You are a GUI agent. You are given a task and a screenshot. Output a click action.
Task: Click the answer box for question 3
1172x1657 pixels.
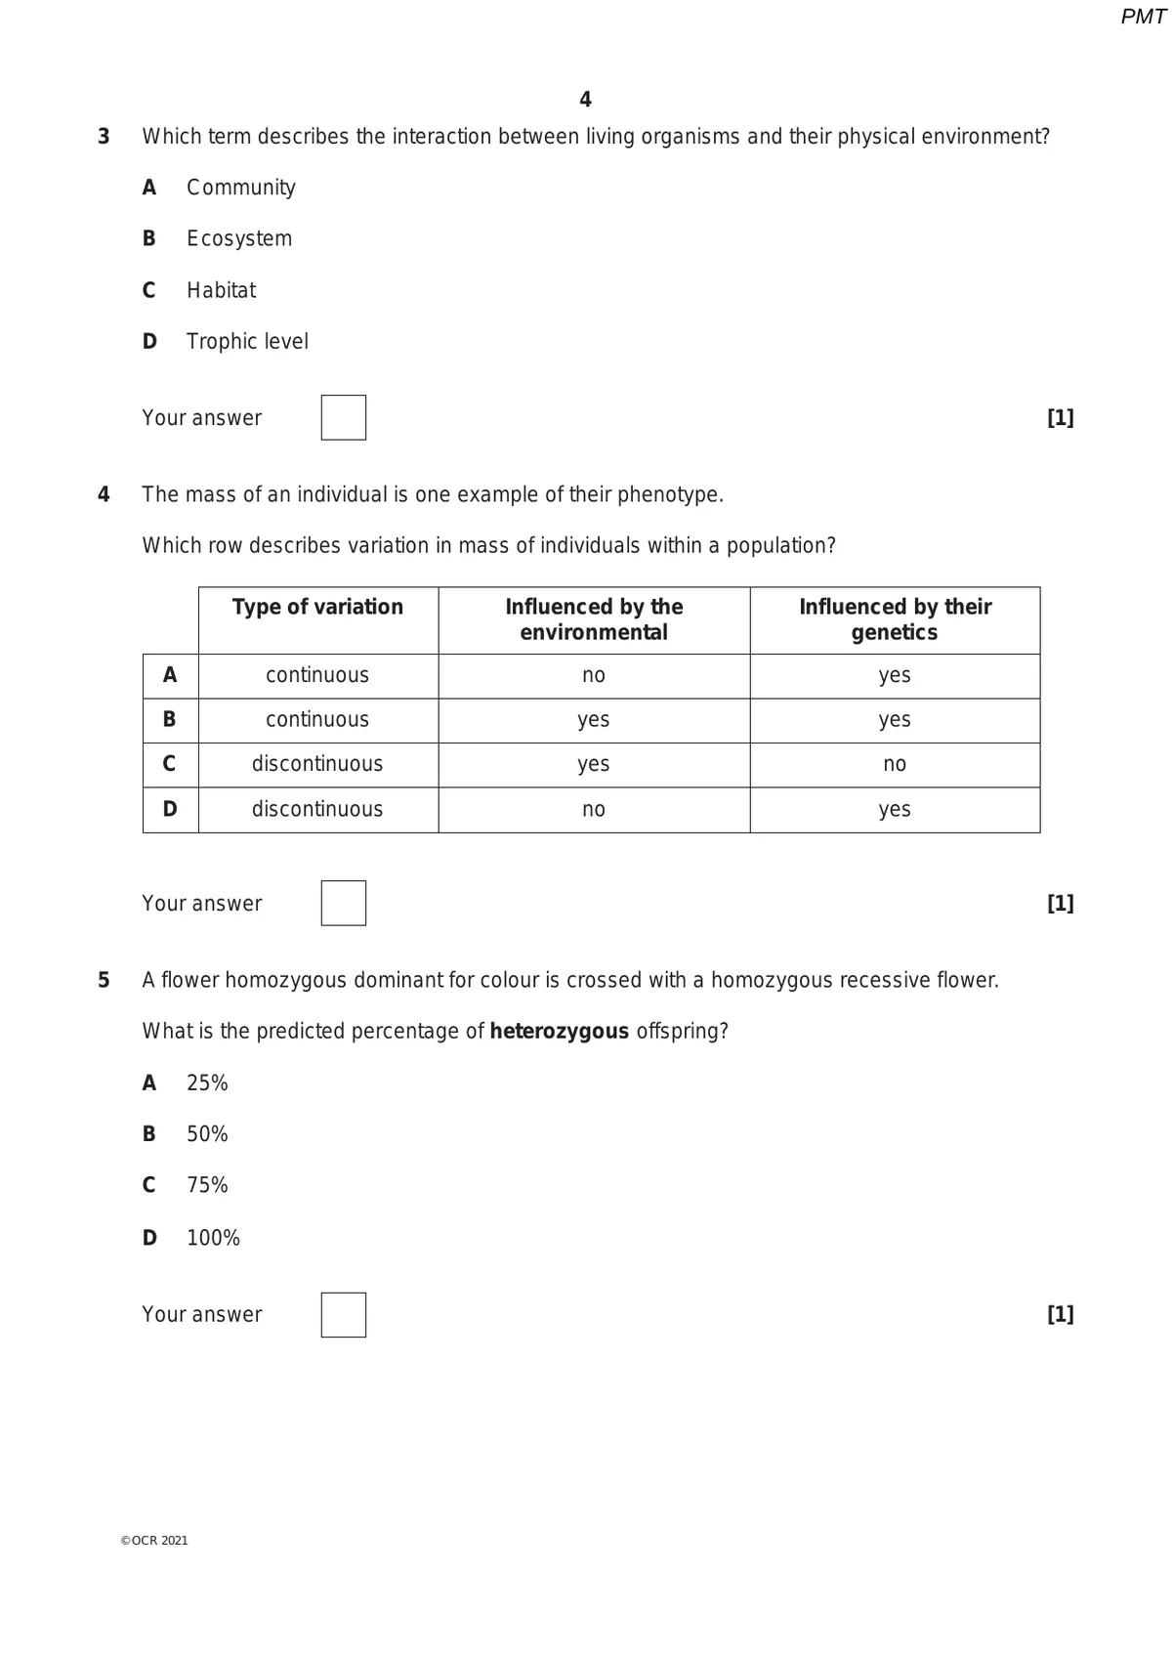343,417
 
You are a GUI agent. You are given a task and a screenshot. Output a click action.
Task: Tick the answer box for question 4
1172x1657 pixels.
343,903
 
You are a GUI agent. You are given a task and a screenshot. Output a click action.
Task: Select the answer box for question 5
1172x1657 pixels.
343,1314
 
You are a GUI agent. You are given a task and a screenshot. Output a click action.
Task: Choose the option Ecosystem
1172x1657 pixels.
239,238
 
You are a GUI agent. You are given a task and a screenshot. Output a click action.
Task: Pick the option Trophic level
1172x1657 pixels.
247,341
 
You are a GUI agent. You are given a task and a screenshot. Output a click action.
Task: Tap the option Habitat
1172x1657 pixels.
221,290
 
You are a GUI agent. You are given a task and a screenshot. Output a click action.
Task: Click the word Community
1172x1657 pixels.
241,187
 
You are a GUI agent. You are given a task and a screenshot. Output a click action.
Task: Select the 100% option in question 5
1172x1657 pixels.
213,1237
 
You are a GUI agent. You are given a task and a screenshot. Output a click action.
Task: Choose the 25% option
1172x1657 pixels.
207,1083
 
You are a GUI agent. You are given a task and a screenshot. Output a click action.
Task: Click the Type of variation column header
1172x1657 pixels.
317,607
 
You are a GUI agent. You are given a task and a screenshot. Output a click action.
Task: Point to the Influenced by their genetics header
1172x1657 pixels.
895,619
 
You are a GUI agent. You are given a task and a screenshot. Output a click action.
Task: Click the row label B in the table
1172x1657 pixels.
170,720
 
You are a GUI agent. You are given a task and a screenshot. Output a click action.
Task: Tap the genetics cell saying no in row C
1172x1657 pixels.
895,764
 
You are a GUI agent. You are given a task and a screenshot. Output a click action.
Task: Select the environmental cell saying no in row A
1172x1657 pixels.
594,675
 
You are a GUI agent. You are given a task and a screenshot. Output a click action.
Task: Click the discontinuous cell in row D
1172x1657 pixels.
317,809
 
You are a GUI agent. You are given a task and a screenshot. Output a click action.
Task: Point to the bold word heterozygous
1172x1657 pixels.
559,1031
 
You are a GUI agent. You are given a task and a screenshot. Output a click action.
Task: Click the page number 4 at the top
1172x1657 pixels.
585,100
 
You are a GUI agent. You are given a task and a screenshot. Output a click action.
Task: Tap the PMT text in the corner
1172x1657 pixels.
1143,17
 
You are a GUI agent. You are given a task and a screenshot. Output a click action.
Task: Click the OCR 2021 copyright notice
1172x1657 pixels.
154,1540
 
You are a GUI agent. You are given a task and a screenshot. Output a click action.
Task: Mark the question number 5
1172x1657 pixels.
104,980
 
